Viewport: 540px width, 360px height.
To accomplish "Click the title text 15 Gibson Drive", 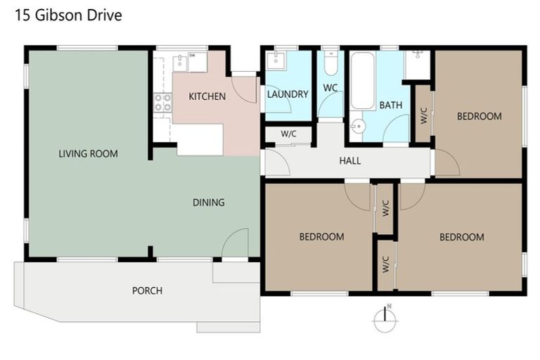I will click(68, 15).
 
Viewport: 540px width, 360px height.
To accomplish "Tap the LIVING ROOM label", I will click(88, 153).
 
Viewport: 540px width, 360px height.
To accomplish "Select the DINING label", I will click(209, 202).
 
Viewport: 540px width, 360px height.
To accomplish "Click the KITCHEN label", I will click(207, 96).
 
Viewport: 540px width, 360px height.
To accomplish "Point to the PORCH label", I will click(147, 290).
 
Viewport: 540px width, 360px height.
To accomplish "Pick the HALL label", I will click(349, 161).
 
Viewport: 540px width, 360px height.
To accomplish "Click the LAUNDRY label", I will click(287, 94).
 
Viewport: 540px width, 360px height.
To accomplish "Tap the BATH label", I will click(391, 105).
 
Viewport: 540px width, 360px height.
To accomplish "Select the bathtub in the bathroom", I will click(363, 81).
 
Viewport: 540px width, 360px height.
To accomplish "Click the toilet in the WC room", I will click(330, 65).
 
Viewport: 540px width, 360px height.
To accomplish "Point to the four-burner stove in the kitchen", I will click(163, 103).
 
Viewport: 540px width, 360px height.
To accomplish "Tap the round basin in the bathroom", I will click(358, 127).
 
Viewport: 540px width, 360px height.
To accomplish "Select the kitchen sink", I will click(181, 62).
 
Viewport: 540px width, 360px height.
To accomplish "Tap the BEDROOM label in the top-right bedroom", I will click(479, 116).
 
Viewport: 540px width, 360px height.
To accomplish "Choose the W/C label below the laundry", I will click(288, 134).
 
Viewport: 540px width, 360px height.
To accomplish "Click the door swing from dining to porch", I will click(235, 243).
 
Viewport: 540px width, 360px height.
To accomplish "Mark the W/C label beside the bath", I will click(423, 115).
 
